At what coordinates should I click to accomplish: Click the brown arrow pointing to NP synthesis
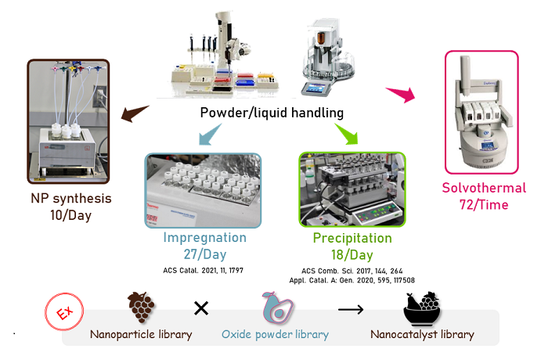click(x=134, y=113)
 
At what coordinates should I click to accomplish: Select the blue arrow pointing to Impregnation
click(x=209, y=135)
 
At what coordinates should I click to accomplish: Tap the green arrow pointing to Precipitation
click(x=347, y=134)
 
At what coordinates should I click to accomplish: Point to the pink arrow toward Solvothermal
click(x=401, y=95)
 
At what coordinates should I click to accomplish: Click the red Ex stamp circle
click(x=64, y=311)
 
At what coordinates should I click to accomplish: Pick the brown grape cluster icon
click(x=141, y=307)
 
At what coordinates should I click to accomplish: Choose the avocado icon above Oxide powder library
click(x=277, y=307)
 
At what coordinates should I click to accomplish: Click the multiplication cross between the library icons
click(x=201, y=308)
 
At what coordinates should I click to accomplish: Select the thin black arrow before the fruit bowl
click(x=351, y=309)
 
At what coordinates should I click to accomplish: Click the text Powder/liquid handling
click(x=272, y=113)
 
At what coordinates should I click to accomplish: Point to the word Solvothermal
click(x=484, y=188)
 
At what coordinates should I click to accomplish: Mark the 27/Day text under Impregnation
click(x=205, y=254)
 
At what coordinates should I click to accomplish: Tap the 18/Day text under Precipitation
click(x=352, y=255)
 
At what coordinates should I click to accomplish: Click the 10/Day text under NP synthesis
click(x=71, y=215)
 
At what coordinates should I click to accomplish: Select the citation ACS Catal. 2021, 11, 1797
click(x=203, y=270)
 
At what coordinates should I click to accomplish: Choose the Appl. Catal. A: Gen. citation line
click(x=352, y=280)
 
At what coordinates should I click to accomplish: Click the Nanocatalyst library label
click(x=422, y=334)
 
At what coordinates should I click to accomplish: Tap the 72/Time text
click(x=484, y=205)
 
